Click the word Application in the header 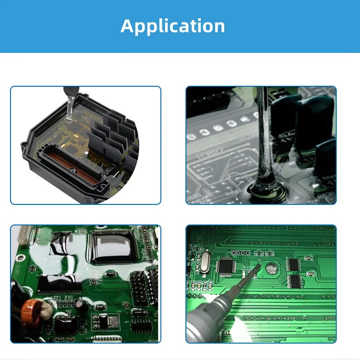(173, 26)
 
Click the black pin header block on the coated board (139, 287)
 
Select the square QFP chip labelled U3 (227, 267)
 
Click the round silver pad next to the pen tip (272, 268)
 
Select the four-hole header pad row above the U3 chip (239, 252)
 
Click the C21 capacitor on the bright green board (310, 273)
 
